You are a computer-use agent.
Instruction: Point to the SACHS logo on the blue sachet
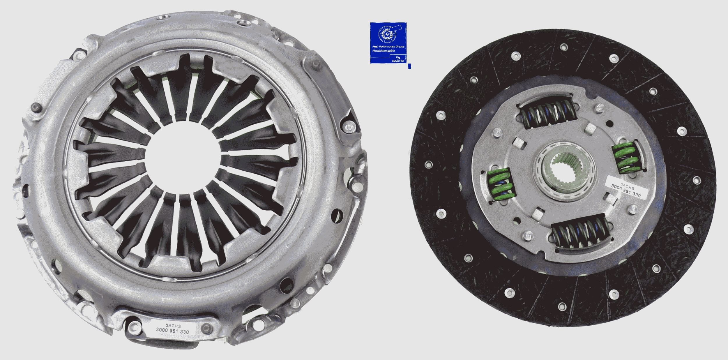398,59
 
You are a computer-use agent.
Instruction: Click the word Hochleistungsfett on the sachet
384,51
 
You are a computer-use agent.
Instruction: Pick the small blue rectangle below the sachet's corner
410,66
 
